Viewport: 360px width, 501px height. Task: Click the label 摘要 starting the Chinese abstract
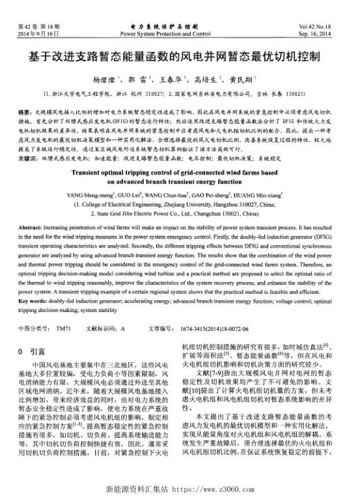pyautogui.click(x=25, y=113)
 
